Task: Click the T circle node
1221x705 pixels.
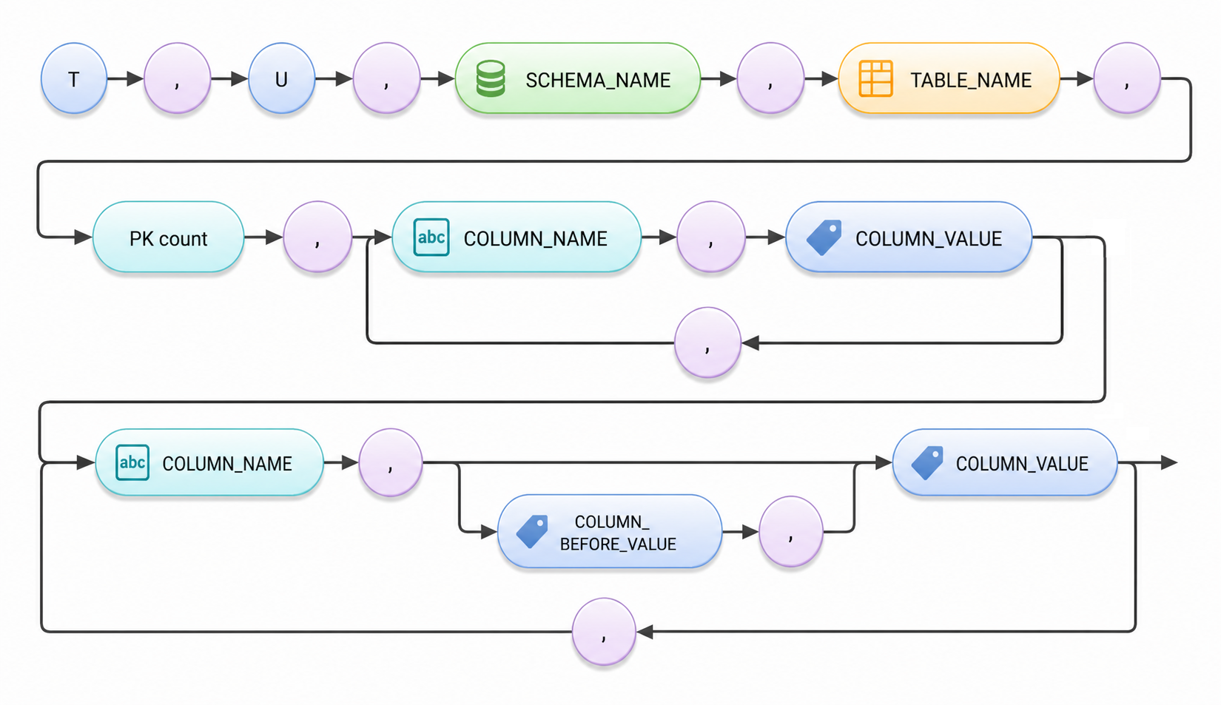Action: coord(74,78)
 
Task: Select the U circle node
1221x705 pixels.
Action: coord(281,78)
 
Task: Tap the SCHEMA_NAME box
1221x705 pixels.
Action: coord(578,78)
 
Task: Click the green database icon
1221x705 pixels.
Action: coord(491,79)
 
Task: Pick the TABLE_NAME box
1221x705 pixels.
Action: coord(949,78)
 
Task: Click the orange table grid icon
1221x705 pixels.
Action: coord(875,78)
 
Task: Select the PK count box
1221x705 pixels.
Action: coord(169,237)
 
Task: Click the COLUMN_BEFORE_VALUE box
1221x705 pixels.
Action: coord(610,531)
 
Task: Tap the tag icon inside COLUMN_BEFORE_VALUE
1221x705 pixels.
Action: coord(532,531)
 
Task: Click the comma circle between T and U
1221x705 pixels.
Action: coord(177,78)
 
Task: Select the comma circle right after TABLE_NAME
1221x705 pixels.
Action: coord(1127,78)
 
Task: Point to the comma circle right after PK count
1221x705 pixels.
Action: coord(317,237)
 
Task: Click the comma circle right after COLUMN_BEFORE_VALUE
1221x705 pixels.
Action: coord(790,531)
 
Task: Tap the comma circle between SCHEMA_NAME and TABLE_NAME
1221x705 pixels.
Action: coord(770,78)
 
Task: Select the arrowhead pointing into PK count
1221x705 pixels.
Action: coord(83,237)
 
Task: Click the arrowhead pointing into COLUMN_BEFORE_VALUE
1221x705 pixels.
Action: coord(488,532)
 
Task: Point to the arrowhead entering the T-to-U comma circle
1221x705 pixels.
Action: coord(135,79)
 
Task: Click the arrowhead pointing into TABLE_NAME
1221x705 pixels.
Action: coord(829,79)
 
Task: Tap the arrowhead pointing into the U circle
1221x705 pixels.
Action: coord(239,79)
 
